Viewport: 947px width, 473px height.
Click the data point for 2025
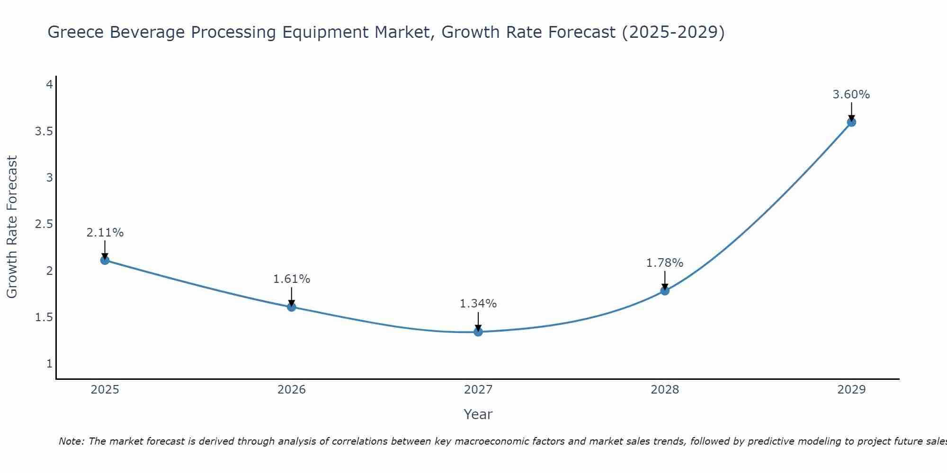tap(105, 260)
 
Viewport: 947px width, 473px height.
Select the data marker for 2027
tap(478, 332)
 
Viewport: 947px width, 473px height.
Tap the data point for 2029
tap(851, 123)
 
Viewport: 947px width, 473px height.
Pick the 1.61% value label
tap(292, 279)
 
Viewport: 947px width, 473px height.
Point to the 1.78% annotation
tap(665, 263)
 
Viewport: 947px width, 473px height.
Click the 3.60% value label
tap(851, 95)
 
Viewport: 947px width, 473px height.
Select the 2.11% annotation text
tap(105, 233)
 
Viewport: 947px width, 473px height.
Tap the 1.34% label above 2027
tap(478, 304)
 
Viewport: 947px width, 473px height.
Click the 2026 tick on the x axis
tap(292, 390)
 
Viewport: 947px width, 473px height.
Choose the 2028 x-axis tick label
tap(665, 390)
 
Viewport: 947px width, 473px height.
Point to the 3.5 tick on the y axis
tap(44, 131)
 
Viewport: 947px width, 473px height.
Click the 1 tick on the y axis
tap(49, 364)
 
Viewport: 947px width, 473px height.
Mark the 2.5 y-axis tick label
tap(44, 224)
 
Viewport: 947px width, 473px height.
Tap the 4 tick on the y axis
tap(49, 85)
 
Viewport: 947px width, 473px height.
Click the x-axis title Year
tap(478, 414)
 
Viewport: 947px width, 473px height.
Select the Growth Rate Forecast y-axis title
tap(12, 227)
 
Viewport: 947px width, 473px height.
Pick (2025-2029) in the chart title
tap(673, 32)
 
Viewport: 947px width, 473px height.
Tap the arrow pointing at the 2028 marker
tap(665, 280)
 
